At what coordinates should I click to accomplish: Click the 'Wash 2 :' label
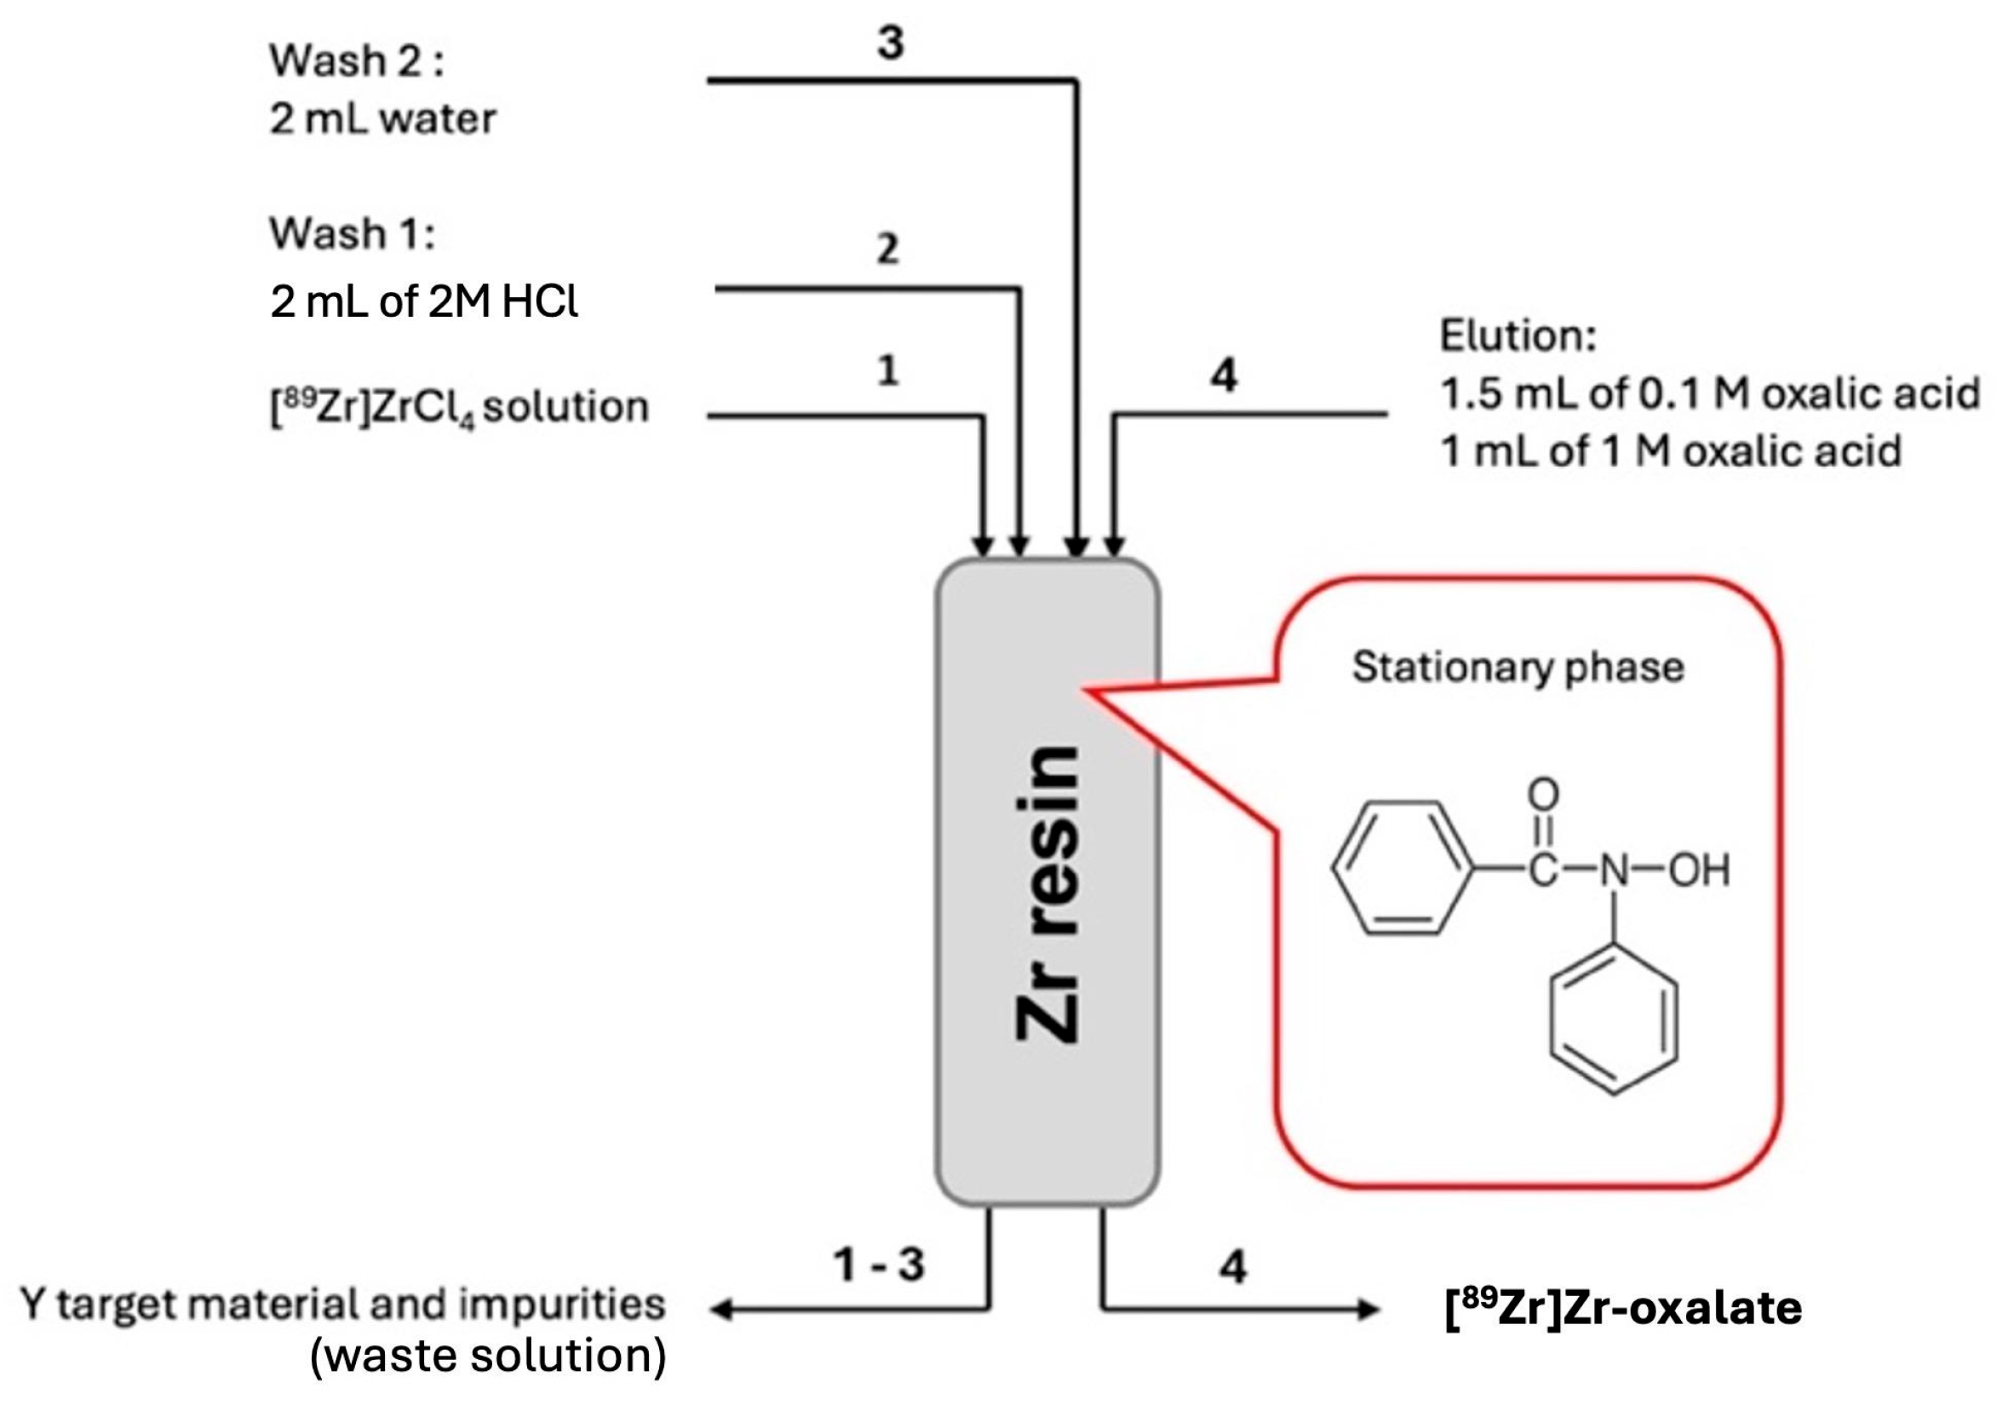point(356,61)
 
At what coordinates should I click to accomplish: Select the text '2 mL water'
point(381,118)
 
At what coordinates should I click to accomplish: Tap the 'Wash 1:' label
point(352,233)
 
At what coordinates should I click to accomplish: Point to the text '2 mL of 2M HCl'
point(424,302)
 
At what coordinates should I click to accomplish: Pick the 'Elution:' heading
point(1517,335)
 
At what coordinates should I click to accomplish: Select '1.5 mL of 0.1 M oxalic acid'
point(1709,394)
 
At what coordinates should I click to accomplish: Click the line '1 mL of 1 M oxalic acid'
point(1671,452)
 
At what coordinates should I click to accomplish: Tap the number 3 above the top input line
point(890,42)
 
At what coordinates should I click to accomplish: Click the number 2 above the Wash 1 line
point(886,249)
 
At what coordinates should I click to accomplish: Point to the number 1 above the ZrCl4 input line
point(887,371)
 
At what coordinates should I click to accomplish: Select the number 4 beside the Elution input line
point(1224,376)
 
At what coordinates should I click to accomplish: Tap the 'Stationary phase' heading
point(1518,668)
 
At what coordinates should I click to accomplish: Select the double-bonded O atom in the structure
point(1542,794)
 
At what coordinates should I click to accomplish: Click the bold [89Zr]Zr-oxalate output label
point(1623,1308)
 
